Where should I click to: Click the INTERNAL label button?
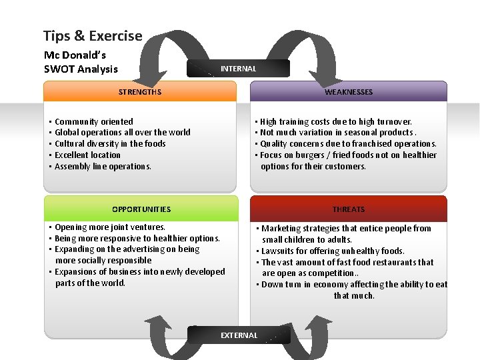coord(238,69)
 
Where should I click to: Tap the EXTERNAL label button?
coord(239,335)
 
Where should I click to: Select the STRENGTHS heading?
coord(140,92)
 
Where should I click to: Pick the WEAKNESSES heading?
coord(349,92)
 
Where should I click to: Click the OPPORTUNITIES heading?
coord(141,209)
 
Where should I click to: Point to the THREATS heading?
coord(349,209)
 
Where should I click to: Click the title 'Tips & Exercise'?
coord(93,36)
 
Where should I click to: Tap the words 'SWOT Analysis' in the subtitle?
coord(81,69)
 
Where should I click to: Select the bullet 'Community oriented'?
coord(93,122)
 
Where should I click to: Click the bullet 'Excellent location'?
coord(87,155)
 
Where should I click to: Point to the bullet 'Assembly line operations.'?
coord(103,167)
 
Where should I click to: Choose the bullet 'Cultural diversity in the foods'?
coord(110,144)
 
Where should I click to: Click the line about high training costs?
coord(336,122)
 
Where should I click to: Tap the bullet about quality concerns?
coord(348,144)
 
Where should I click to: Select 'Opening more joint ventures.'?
coord(110,227)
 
